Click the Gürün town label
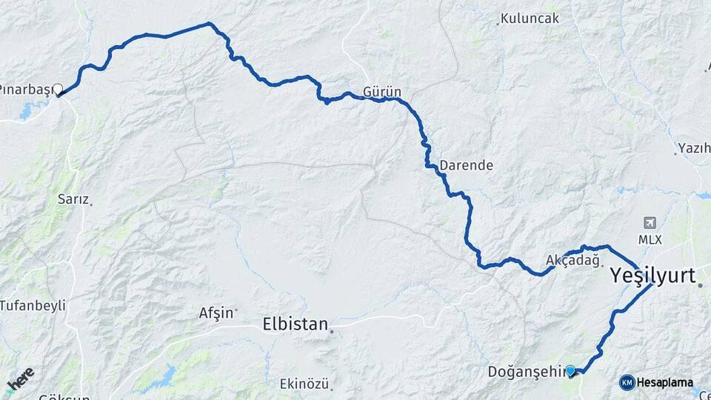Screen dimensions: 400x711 click(382, 92)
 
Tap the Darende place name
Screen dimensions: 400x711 click(466, 165)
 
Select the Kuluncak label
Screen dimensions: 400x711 click(530, 19)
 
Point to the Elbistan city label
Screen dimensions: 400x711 click(295, 324)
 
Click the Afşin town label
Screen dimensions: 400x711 click(216, 313)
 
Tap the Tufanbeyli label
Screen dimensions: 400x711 click(33, 304)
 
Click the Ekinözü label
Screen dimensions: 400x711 click(304, 383)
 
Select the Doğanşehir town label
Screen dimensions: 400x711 click(525, 370)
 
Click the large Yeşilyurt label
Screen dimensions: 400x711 click(652, 276)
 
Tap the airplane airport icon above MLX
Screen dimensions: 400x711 click(650, 223)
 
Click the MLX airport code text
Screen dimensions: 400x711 click(650, 240)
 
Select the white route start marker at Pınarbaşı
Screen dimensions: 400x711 click(58, 90)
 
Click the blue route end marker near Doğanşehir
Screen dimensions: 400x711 click(570, 370)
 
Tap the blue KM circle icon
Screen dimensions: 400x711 click(627, 382)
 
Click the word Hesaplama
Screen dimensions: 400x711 click(665, 382)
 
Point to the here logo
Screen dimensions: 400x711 click(21, 379)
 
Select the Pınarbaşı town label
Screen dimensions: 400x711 click(25, 90)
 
